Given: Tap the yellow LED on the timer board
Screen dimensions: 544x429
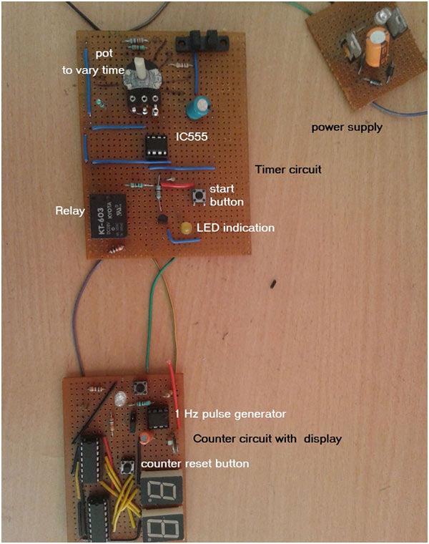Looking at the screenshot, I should point(186,229).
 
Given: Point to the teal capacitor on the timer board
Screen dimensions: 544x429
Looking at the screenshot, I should point(198,108).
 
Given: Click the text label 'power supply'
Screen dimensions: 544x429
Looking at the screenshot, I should point(347,127).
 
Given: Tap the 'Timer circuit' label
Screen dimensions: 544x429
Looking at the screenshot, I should point(289,170).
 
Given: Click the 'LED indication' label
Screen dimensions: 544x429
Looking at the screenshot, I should point(235,228).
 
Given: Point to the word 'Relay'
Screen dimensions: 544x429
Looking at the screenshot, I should point(69,211).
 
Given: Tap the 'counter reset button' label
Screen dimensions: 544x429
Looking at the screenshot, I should point(194,464).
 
